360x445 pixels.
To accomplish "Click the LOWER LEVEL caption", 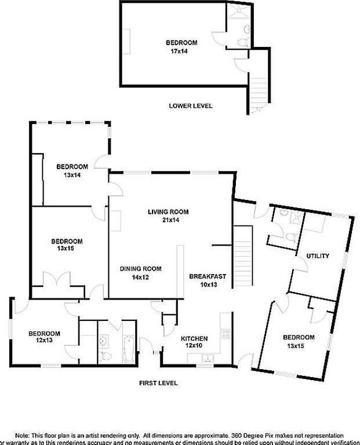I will [190, 106].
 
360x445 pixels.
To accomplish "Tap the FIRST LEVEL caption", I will [158, 383].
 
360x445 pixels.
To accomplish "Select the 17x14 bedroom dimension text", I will [181, 51].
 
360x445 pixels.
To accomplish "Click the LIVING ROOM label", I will [168, 212].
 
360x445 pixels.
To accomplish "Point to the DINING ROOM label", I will [140, 269].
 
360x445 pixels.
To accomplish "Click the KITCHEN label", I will [194, 338].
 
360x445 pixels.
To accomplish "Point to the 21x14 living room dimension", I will [168, 220].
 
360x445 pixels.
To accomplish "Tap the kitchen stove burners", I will [226, 334].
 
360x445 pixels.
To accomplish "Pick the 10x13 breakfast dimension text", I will [207, 284].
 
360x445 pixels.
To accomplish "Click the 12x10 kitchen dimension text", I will [194, 346].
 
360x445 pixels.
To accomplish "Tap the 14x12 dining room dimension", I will [140, 277].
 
